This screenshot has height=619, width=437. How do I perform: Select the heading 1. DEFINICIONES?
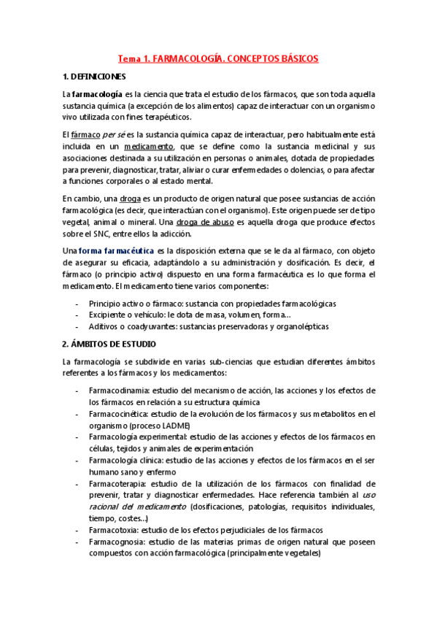pos(94,77)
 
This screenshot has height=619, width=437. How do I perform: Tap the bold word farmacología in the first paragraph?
pos(96,94)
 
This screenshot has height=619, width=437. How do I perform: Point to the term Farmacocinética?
pos(120,414)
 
